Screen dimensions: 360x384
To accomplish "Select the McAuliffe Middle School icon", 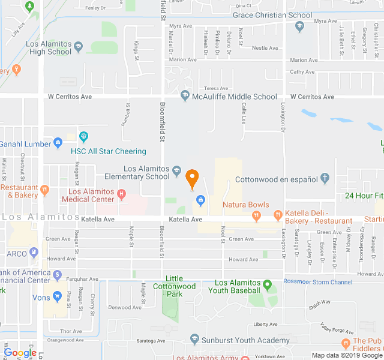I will [x=185, y=96].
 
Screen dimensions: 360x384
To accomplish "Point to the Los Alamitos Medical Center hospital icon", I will [x=122, y=193].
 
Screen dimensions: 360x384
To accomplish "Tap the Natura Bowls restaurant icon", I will [x=256, y=215].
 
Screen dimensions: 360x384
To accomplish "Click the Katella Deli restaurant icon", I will [x=277, y=214].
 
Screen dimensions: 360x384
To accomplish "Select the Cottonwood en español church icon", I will [x=325, y=178].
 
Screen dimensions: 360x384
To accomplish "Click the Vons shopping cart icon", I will [x=58, y=296].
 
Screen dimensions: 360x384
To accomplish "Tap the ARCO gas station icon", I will [x=35, y=253].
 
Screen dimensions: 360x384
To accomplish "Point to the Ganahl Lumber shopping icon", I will [x=58, y=143].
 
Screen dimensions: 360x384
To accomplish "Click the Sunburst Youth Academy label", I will [x=245, y=340].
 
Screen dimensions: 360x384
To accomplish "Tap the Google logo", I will [x=20, y=353].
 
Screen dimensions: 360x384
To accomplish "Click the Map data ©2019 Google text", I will [x=347, y=355].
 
